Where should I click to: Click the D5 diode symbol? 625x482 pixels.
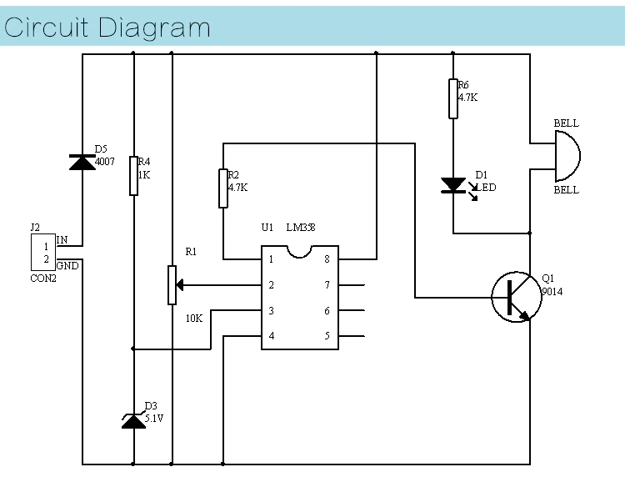pos(82,162)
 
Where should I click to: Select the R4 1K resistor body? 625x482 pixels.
pos(133,175)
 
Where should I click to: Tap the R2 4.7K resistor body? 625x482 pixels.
pos(222,188)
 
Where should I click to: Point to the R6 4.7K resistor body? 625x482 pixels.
pos(452,98)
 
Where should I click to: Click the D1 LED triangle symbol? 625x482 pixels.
pos(452,184)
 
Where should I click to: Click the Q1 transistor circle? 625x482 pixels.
pos(516,297)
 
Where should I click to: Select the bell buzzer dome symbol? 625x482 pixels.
pos(566,156)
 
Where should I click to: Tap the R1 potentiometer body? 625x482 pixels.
pos(172,285)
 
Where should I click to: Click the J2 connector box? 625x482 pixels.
pos(42,253)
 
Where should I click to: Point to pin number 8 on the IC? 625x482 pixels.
pos(327,259)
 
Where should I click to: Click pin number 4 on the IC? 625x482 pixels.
pos(271,337)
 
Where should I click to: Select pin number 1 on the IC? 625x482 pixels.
pos(271,259)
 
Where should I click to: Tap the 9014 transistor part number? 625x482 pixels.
pos(552,292)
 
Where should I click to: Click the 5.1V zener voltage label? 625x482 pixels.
pos(154,417)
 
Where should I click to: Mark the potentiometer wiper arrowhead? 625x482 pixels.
pos(180,285)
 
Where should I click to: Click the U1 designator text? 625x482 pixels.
pos(267,227)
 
